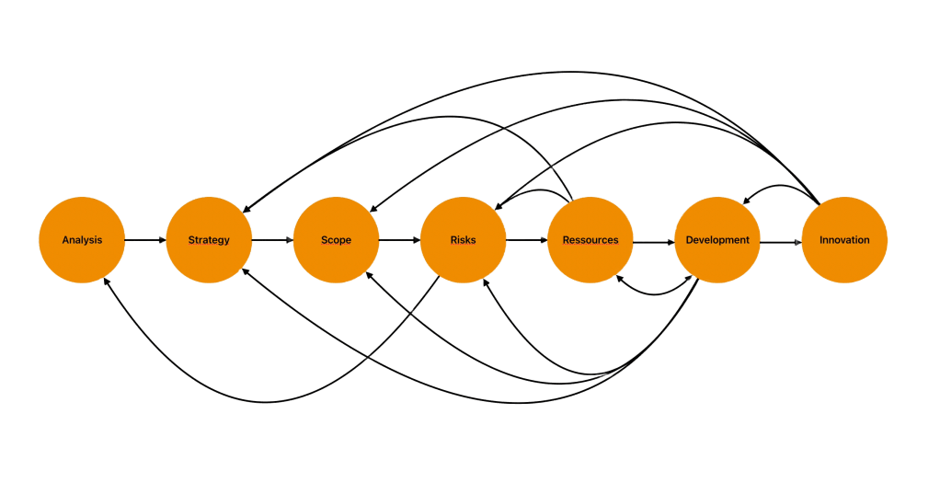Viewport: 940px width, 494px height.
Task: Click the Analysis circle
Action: [x=82, y=240]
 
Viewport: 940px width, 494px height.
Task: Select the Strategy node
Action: [x=209, y=240]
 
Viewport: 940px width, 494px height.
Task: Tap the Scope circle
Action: [x=336, y=240]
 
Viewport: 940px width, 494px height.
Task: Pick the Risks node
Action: [x=463, y=240]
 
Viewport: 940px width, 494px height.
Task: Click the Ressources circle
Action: [x=590, y=240]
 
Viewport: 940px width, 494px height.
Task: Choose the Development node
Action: [x=717, y=240]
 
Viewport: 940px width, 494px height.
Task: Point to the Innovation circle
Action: [x=844, y=240]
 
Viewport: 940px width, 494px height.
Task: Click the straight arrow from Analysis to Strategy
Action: [x=145, y=241]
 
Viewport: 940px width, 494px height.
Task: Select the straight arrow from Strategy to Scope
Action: [x=272, y=241]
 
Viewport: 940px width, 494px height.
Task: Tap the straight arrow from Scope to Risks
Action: [x=399, y=241]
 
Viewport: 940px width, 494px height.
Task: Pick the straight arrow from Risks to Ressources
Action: [x=526, y=241]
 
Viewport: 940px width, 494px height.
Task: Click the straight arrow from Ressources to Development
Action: [x=653, y=241]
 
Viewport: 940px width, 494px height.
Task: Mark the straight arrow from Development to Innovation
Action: [x=780, y=241]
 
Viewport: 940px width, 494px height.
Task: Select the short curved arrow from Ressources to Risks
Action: [x=538, y=191]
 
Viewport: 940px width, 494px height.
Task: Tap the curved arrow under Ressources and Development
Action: [x=655, y=293]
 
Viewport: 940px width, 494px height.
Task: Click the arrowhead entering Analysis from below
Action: [x=108, y=281]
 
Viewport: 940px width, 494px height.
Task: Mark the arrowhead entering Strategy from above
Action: [x=246, y=208]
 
